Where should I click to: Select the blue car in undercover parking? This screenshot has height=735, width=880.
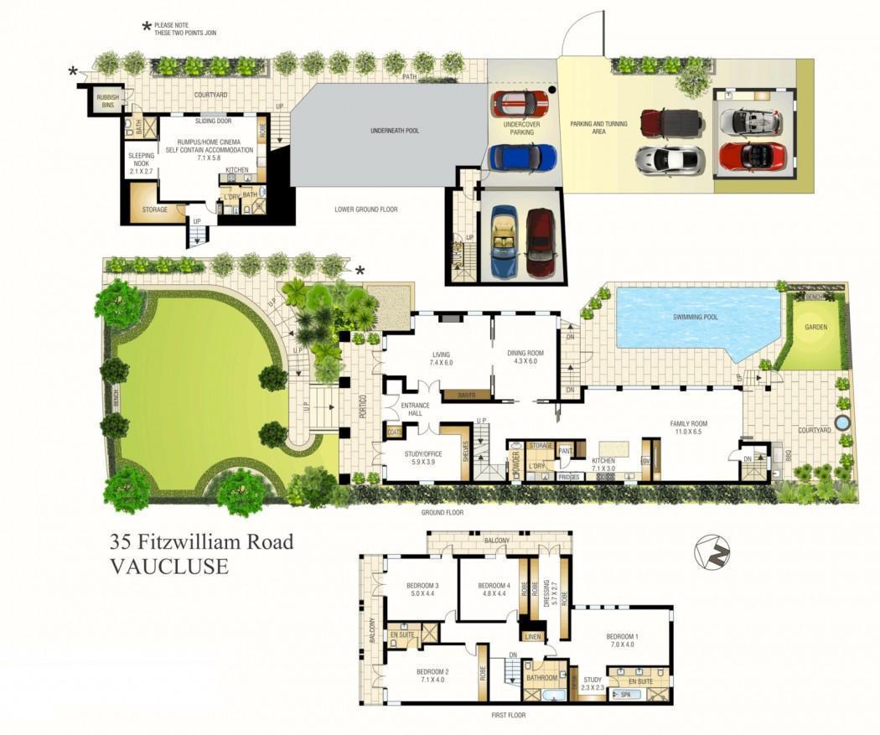(522, 157)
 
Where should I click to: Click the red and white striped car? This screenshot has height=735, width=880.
(520, 104)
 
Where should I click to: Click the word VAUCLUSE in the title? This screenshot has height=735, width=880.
(169, 567)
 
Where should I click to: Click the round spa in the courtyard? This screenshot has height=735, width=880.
(841, 421)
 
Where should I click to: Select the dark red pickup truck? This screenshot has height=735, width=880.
(670, 122)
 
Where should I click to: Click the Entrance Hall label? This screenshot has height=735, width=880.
(415, 410)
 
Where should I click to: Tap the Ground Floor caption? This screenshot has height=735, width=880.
(443, 512)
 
